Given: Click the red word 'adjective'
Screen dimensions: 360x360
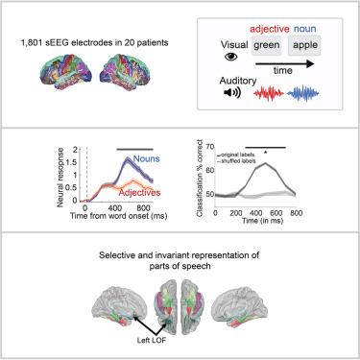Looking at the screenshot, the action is click(x=270, y=29).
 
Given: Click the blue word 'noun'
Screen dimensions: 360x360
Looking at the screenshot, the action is click(x=305, y=29).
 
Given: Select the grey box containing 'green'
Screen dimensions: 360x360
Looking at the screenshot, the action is click(x=266, y=45).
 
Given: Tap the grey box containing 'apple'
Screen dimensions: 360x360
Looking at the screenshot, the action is click(x=304, y=45).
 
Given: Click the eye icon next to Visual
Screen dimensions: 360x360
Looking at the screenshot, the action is click(x=231, y=57).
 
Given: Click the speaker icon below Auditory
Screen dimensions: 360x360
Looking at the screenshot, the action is click(x=232, y=92).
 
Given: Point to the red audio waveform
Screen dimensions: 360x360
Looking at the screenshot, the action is click(x=269, y=93).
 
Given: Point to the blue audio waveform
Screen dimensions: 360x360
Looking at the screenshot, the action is click(x=303, y=93).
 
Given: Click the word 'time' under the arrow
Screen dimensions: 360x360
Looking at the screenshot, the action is click(x=283, y=71).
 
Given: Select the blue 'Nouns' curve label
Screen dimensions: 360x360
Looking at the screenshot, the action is click(x=146, y=158).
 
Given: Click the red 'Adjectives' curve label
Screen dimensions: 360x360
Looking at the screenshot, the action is click(x=139, y=193).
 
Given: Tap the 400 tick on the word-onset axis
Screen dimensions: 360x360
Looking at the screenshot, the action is click(x=114, y=208).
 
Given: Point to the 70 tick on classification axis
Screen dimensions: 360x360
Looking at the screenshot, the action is click(x=210, y=147).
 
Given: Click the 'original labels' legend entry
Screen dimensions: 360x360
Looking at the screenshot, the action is click(x=236, y=156).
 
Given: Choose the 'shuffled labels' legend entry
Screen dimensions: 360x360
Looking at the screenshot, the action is click(x=236, y=161).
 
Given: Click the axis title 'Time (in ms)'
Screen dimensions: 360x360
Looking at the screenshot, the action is click(x=262, y=221).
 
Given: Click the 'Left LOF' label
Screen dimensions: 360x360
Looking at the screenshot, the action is click(x=152, y=341).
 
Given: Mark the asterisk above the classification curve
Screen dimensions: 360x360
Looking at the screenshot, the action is click(x=265, y=153).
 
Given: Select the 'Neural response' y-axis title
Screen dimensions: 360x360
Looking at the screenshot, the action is click(x=60, y=178).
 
